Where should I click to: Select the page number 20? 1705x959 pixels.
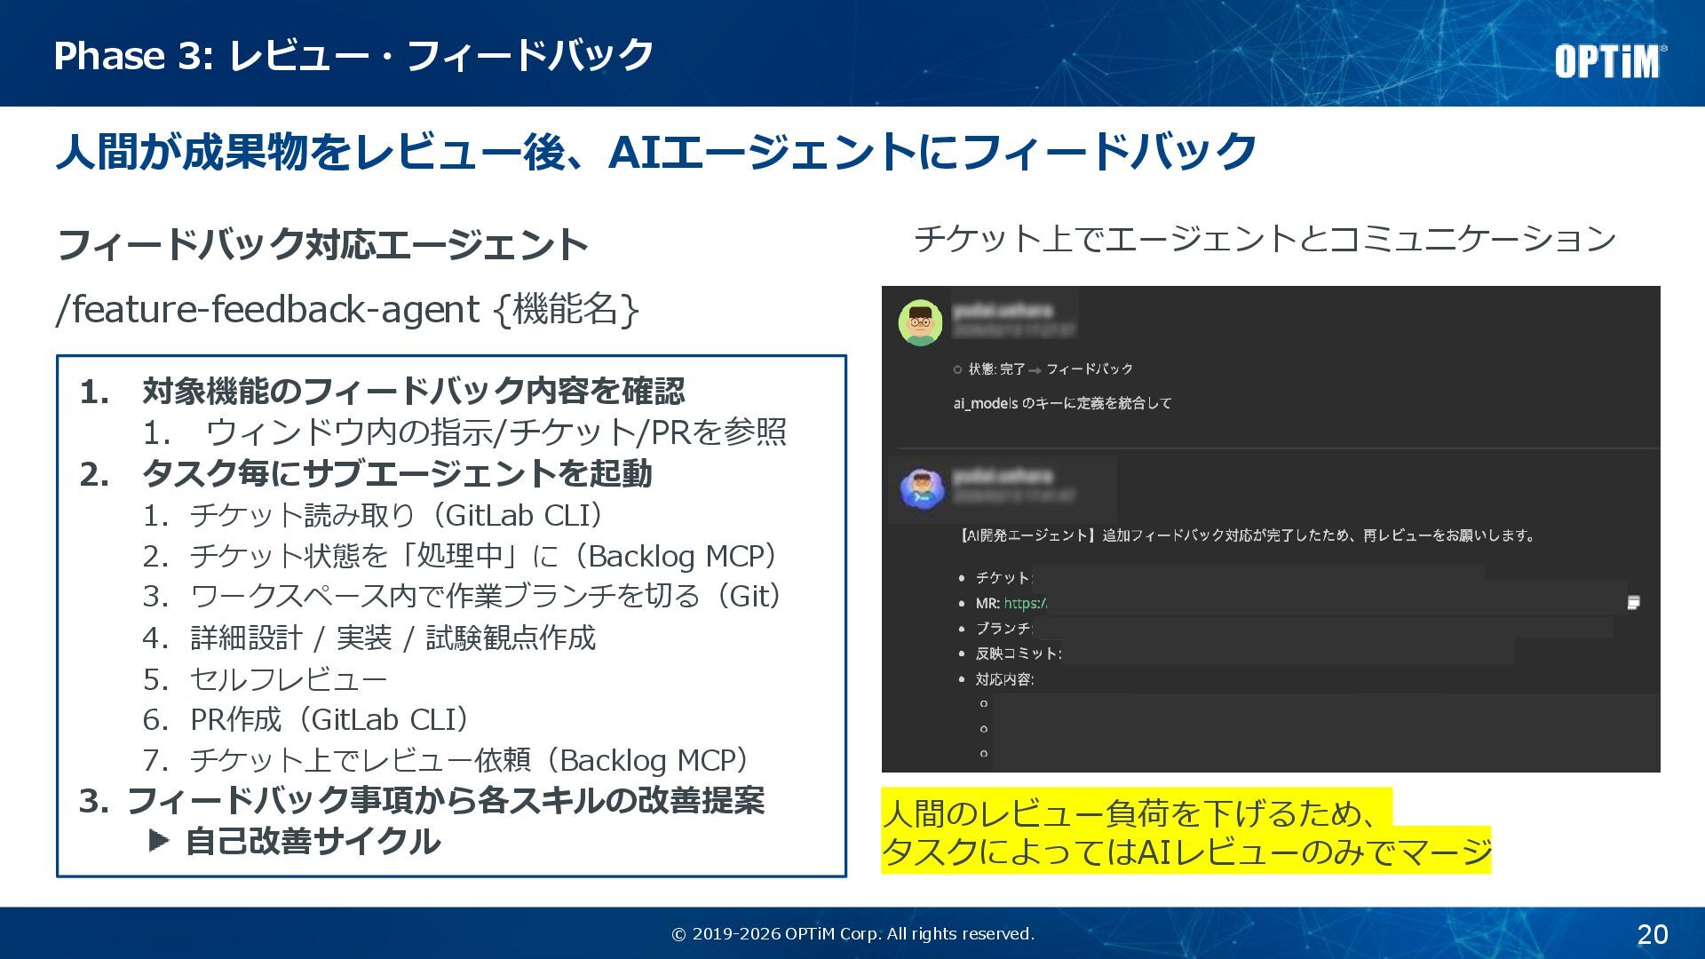pyautogui.click(x=1652, y=934)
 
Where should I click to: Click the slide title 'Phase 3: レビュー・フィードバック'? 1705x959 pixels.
pyautogui.click(x=353, y=55)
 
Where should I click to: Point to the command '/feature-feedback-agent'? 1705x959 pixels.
pyautogui.click(x=267, y=310)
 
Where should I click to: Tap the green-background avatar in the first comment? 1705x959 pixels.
pyautogui.click(x=920, y=322)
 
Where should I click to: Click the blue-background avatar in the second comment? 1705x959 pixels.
pyautogui.click(x=921, y=488)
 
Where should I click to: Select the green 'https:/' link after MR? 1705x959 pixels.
pyautogui.click(x=1025, y=603)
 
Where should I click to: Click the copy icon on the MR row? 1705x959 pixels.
pyautogui.click(x=1632, y=603)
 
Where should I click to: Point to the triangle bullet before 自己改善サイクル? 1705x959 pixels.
pyautogui.click(x=159, y=840)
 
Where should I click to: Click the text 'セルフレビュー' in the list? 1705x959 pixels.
pyautogui.click(x=289, y=679)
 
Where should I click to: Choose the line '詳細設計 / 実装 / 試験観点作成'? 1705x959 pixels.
pyautogui.click(x=393, y=638)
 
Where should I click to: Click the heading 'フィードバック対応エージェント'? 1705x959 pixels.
pyautogui.click(x=322, y=244)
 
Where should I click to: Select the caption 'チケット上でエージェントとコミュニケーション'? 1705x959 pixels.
pyautogui.click(x=1265, y=239)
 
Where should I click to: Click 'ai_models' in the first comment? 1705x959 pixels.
pyautogui.click(x=985, y=403)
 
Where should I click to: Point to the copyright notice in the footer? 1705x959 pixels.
pyautogui.click(x=852, y=934)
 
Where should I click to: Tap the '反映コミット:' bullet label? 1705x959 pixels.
pyautogui.click(x=1018, y=654)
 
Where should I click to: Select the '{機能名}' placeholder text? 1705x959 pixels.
pyautogui.click(x=566, y=310)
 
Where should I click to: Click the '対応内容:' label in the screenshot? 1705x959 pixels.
pyautogui.click(x=1004, y=679)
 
